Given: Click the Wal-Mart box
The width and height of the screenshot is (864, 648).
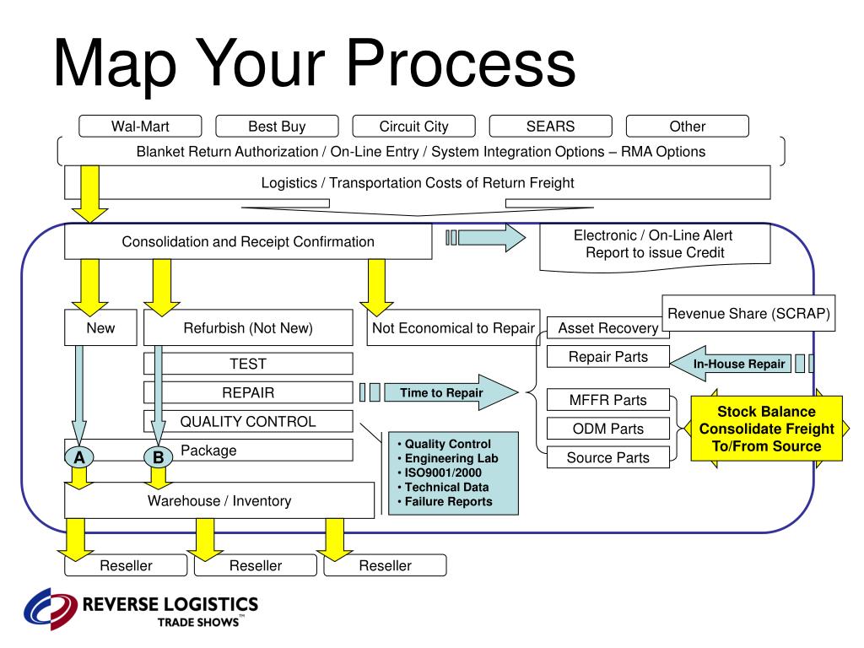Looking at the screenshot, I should pos(140,127).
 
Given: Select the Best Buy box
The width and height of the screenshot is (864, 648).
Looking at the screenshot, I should pos(277,127).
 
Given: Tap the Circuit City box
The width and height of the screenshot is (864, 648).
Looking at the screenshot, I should pos(413,127).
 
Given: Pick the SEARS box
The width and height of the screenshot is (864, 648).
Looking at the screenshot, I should pos(550,127).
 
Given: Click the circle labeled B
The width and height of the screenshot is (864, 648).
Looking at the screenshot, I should pos(158,457).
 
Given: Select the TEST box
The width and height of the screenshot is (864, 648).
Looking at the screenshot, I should pos(248,364).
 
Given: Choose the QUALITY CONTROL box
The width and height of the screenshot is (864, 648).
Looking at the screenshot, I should pos(248,422).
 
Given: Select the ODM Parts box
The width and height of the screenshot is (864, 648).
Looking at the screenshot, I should pos(608,429).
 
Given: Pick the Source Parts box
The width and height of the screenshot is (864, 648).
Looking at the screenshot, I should pos(608,457).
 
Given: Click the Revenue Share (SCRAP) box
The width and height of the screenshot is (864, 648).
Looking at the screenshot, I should pos(748,314).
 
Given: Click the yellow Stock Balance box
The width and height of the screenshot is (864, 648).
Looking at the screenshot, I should pos(766,429).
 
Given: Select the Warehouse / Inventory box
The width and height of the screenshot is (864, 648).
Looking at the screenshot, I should pos(219,500).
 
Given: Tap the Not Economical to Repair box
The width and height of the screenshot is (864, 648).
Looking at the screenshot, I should pos(452,328).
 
